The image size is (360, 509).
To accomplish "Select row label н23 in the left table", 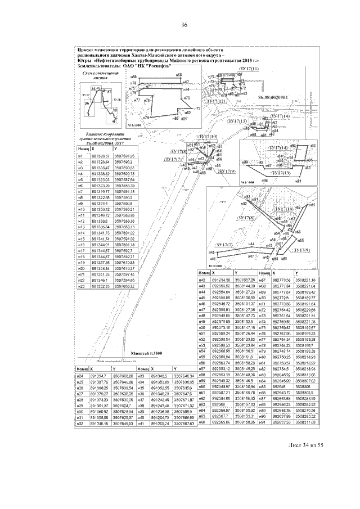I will pos(80,286).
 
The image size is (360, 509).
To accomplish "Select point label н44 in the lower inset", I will pos(251,244).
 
